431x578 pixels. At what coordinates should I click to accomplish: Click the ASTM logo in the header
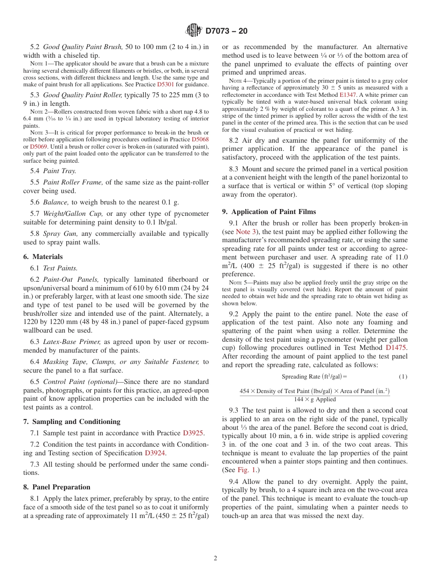coord(194,30)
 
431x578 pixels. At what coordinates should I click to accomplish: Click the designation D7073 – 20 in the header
coord(226,31)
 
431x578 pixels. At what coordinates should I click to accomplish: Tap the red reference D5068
coord(200,140)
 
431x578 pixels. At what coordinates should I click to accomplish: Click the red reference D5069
coord(38,147)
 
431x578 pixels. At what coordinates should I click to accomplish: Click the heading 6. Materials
coord(43,257)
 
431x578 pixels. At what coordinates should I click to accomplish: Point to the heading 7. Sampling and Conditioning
coord(72,422)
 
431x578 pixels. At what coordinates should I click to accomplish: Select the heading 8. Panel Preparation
coord(57,487)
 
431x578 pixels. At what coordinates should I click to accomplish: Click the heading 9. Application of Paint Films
coord(269,212)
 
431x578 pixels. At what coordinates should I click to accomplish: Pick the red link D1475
coord(397,348)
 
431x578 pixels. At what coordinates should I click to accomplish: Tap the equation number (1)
coord(403,377)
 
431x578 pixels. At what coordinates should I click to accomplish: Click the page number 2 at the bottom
coord(215,558)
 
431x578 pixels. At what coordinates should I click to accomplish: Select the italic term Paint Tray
coord(59,171)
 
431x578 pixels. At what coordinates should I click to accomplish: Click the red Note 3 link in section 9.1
coord(246,232)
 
